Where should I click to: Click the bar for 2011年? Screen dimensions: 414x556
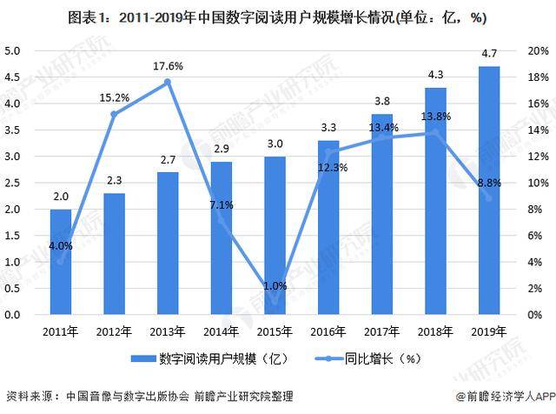coord(61,261)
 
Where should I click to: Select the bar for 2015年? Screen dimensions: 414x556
coord(275,235)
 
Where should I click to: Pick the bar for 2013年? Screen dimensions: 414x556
coord(168,243)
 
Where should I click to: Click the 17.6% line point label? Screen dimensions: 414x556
coord(168,65)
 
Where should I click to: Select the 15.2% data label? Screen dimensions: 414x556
coord(114,97)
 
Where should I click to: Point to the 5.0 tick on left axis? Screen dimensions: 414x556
coord(13,50)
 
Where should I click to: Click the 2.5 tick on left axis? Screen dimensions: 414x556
coord(13,183)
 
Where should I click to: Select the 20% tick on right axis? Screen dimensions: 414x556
coord(539,50)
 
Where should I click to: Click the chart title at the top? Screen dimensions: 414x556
coord(278,17)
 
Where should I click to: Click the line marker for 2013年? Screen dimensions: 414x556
coord(168,82)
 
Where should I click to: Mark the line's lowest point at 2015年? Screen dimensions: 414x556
coord(275,301)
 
